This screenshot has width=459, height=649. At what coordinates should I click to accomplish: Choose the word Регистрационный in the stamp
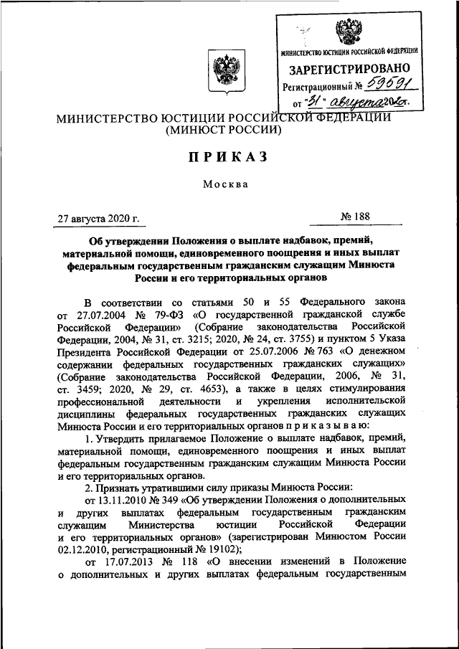coord(318,87)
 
